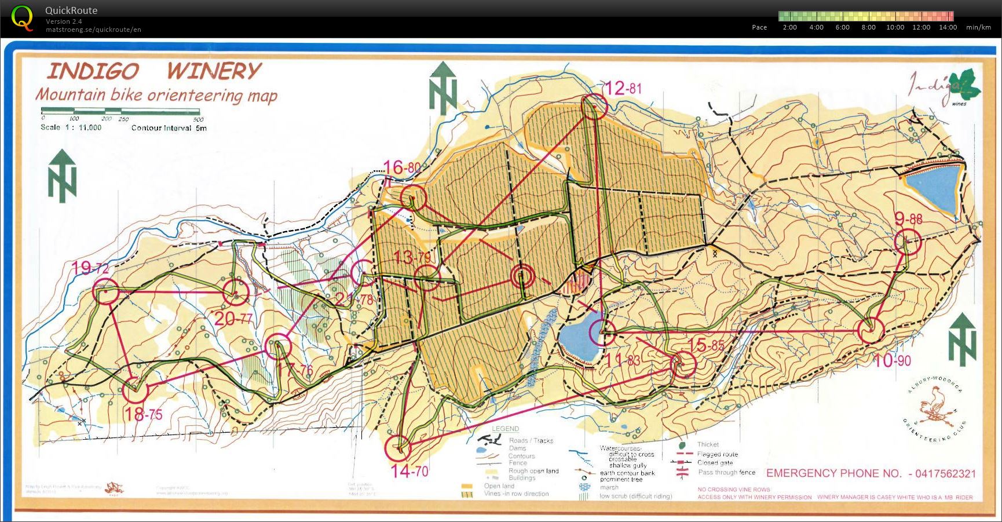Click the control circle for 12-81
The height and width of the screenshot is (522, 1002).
(x=594, y=107)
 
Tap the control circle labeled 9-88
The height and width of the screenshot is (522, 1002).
(x=908, y=242)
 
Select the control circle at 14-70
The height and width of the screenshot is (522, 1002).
(x=398, y=447)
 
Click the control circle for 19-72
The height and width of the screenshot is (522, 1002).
(x=106, y=292)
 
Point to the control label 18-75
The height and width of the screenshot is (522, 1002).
(x=143, y=414)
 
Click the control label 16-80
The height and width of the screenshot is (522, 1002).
(x=401, y=168)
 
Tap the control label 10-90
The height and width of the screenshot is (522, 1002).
(x=892, y=360)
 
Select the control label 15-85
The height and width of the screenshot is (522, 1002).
(x=705, y=346)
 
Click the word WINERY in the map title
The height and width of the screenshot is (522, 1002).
(x=214, y=71)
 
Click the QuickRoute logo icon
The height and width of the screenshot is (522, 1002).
(x=22, y=17)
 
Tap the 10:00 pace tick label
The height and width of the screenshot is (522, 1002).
(x=895, y=27)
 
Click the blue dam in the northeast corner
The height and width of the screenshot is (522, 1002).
(x=932, y=187)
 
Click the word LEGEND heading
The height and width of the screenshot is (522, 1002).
(x=505, y=429)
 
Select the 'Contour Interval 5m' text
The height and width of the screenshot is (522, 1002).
(x=169, y=128)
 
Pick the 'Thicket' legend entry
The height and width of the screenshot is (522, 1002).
(x=707, y=444)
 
